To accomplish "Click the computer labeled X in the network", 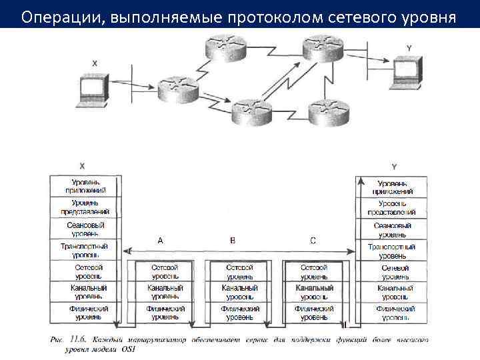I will pos(92,91).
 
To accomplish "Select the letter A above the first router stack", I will pos(160,241).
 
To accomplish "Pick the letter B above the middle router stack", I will pos(232,241).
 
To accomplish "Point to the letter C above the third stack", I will pos(313,241).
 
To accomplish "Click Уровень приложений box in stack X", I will pos(86,186).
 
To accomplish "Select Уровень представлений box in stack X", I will pos(86,207).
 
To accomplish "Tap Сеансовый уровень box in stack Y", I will pos(393,229).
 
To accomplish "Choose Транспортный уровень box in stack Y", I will pos(393,251).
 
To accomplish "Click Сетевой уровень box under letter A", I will pos(165,271).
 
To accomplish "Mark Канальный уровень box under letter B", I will pos(239,292).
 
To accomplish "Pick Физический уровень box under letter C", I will pos(314,313).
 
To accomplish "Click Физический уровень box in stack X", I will pos(86,313).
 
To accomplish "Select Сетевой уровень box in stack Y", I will pos(393,271).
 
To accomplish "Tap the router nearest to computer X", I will pos(179,87).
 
